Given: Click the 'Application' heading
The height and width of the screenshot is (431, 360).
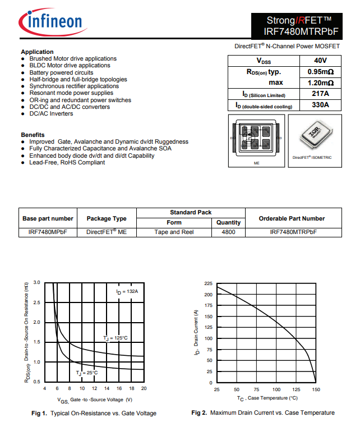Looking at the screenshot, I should pyautogui.click(x=37, y=52).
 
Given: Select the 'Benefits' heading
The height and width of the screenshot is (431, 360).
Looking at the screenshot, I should pyautogui.click(x=33, y=135).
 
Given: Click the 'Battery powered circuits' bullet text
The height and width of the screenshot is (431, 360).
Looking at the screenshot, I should pyautogui.click(x=61, y=72).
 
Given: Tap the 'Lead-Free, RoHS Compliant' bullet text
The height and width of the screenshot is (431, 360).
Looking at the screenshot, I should pyautogui.click(x=67, y=162).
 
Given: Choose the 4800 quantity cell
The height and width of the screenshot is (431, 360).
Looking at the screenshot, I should pyautogui.click(x=228, y=232).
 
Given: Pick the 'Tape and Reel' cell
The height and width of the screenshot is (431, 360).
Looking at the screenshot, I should pyautogui.click(x=174, y=232).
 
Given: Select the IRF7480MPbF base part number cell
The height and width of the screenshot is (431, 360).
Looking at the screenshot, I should pyautogui.click(x=48, y=232).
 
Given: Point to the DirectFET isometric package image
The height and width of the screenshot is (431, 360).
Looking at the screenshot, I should pyautogui.click(x=312, y=138).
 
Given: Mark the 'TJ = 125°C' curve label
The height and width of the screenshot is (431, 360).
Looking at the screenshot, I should pyautogui.click(x=116, y=338).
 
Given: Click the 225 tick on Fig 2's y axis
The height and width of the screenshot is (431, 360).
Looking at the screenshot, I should pyautogui.click(x=209, y=283).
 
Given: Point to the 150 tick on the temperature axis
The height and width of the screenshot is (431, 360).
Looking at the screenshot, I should pyautogui.click(x=316, y=389).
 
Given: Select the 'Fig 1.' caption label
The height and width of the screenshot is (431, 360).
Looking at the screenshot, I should pyautogui.click(x=39, y=413).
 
